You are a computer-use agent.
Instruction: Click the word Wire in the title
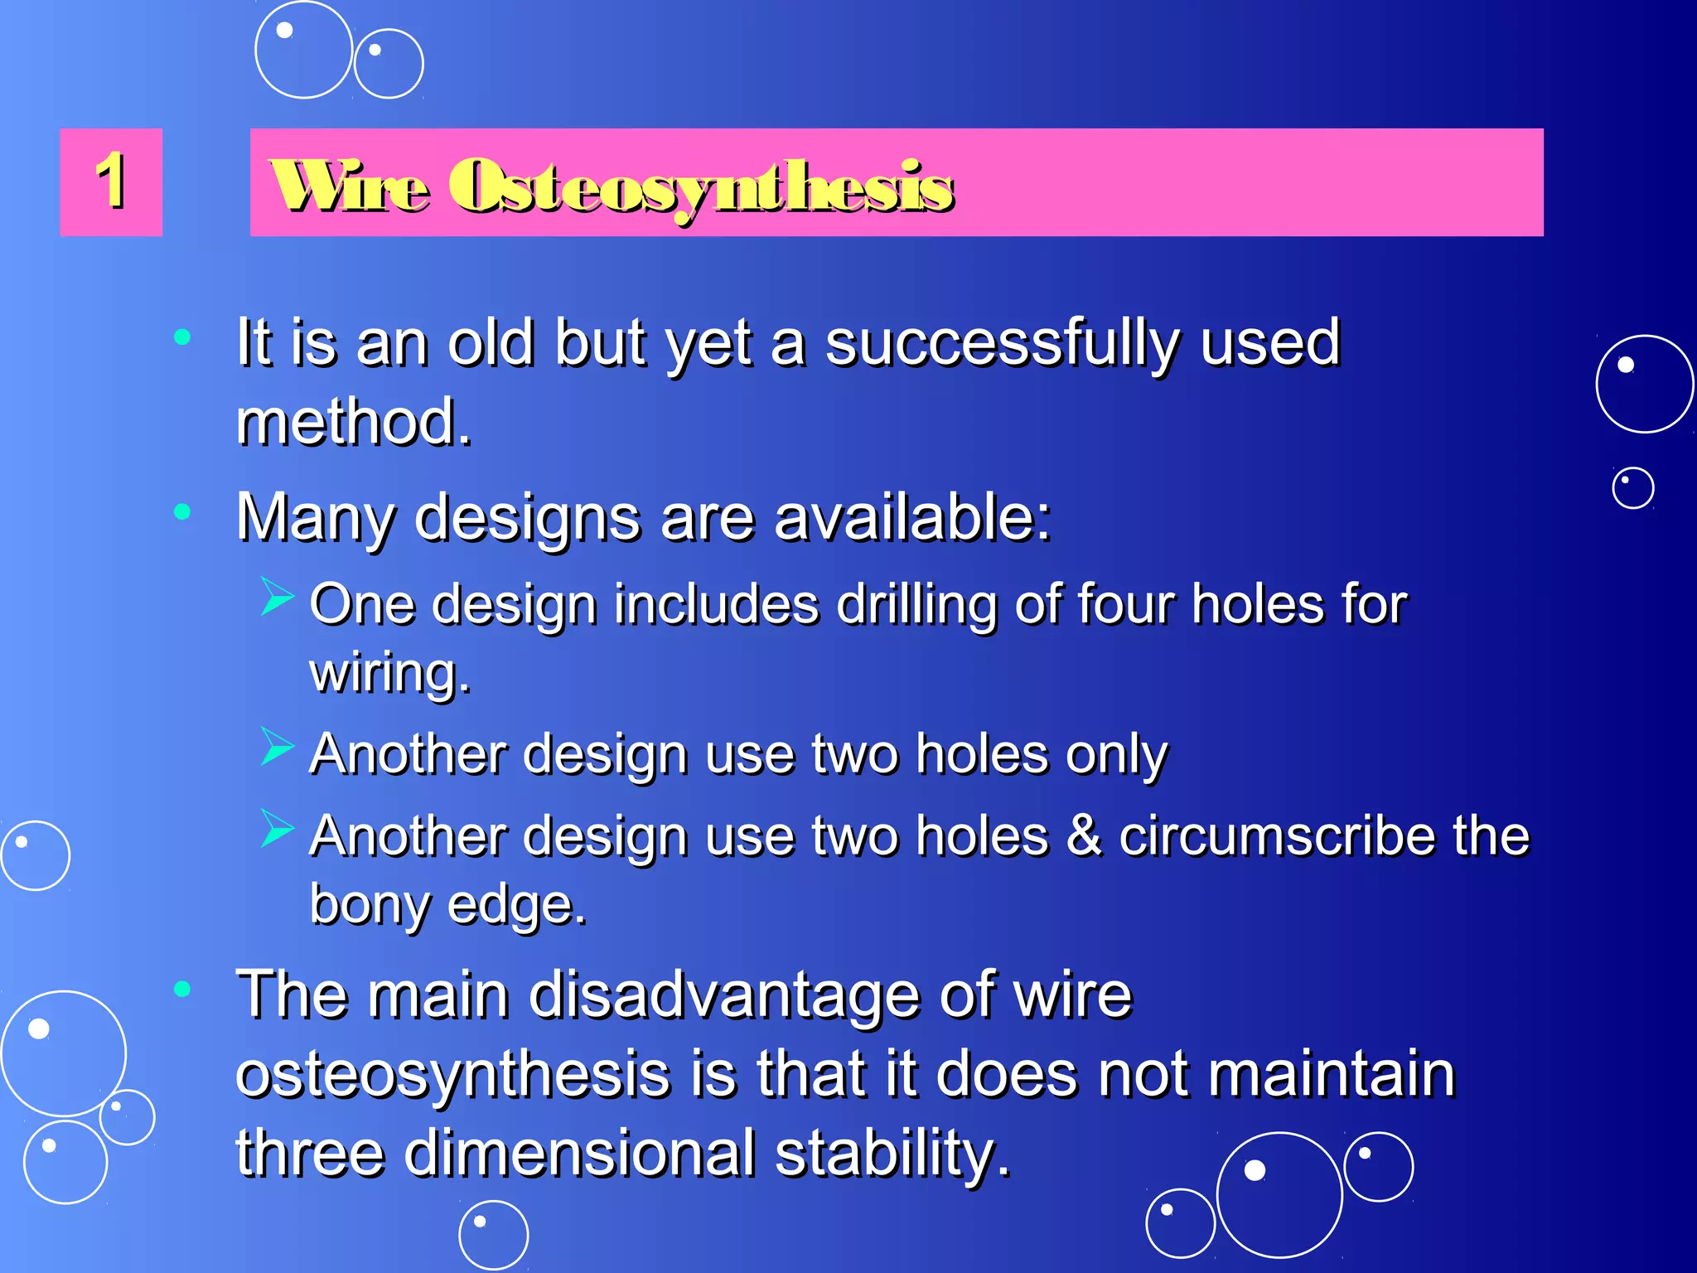pos(350,186)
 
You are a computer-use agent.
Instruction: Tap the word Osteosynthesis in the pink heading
pos(701,187)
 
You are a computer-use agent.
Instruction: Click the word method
pos(353,422)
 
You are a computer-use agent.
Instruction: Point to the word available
pos(911,517)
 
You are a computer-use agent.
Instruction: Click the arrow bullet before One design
pos(277,596)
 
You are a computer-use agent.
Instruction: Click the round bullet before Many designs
pos(182,512)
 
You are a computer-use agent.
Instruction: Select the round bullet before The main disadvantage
pos(182,989)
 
